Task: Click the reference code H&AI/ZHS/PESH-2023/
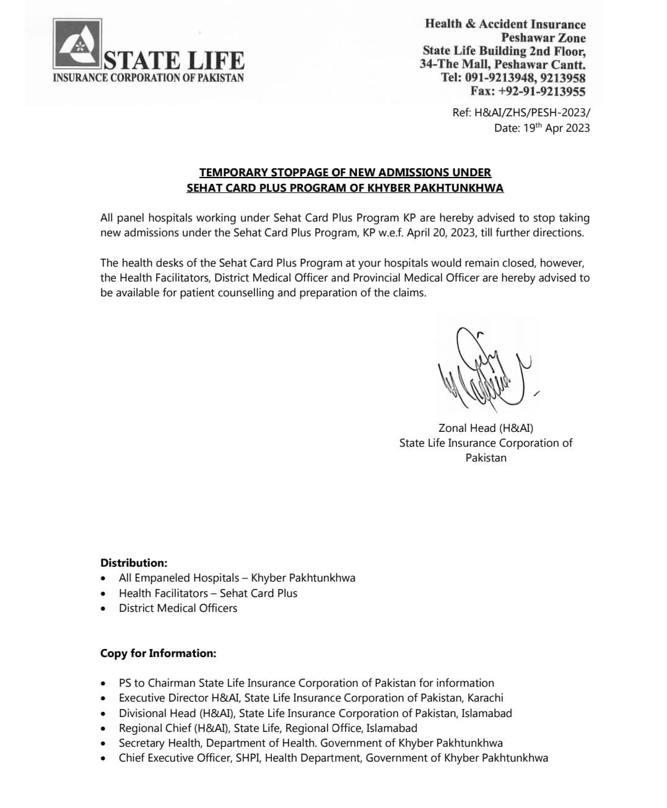pos(532,113)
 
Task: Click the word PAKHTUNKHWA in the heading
pos(458,187)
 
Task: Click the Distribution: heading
pos(134,563)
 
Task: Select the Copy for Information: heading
pos(159,653)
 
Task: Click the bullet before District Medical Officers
pos(103,609)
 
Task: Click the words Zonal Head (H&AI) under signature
pos(486,428)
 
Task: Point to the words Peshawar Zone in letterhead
pos(543,37)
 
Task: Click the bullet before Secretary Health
pos(103,744)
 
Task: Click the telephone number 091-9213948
pos(500,78)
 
